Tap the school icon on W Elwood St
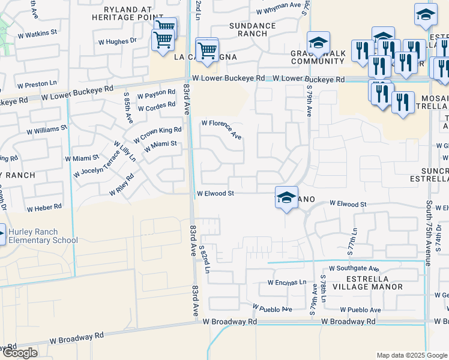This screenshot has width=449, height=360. [x=286, y=197]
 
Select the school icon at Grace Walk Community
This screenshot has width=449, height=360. [x=318, y=42]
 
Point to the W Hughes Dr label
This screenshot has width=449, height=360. [x=117, y=41]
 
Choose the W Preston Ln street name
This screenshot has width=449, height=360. [x=37, y=85]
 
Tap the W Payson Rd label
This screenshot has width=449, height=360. [x=155, y=95]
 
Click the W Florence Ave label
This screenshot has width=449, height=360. [x=222, y=130]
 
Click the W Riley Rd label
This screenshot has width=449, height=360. [x=121, y=186]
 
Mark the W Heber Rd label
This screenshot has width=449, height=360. [x=44, y=208]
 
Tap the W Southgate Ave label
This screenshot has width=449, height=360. [x=354, y=269]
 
